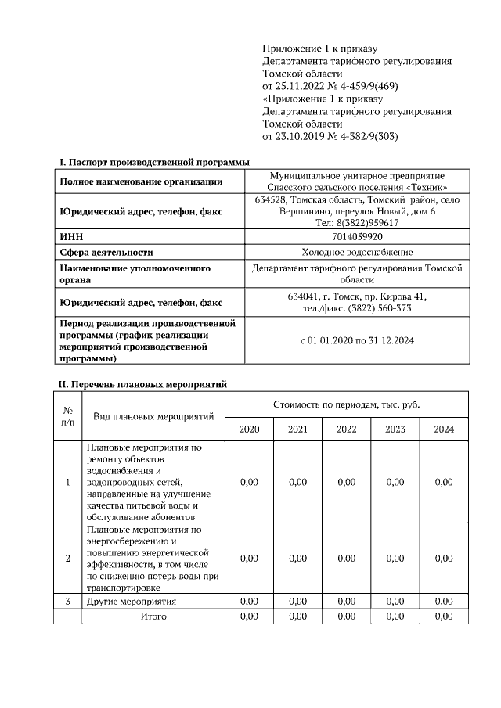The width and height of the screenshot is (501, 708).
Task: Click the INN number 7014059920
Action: pos(357,236)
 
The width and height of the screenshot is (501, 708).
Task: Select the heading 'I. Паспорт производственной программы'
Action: pos(154,162)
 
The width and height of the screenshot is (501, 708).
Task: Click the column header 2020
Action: pos(249,429)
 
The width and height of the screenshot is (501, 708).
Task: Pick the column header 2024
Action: pos(444,429)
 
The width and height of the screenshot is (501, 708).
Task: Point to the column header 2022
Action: pos(346,429)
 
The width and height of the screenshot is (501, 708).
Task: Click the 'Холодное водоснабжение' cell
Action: pos(357,252)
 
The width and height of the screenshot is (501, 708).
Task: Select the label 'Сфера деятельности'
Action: pos(106,252)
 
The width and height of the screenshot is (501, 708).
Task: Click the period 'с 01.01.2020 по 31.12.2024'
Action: pos(357,341)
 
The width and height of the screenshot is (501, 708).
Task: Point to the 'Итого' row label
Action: pos(153,616)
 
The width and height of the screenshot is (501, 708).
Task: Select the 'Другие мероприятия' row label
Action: pos(131,602)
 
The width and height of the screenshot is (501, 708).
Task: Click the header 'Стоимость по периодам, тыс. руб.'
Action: pos(346,404)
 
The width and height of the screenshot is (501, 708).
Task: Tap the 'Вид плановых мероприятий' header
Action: pos(153,416)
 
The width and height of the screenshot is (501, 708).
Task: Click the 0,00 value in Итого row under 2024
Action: pos(444,616)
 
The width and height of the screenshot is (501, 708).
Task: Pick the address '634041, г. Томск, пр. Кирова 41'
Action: pos(357,296)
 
